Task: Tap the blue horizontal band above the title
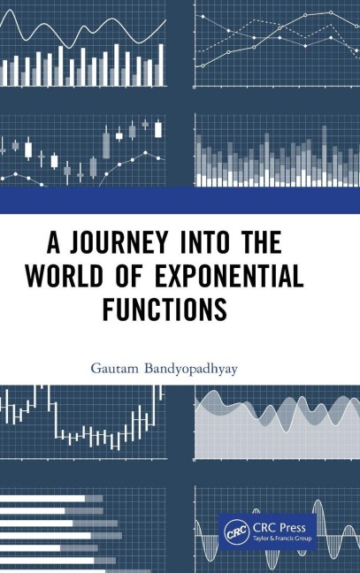pyautogui.click(x=180, y=200)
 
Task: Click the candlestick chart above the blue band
pyautogui.click(x=84, y=146)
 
